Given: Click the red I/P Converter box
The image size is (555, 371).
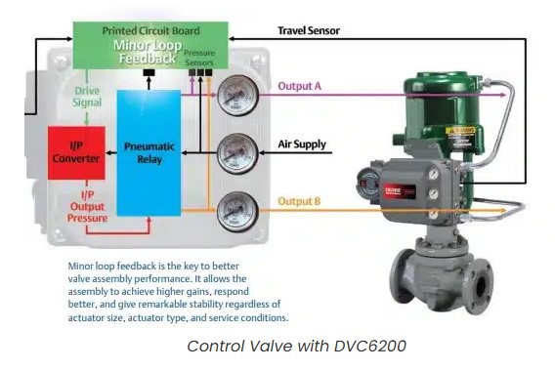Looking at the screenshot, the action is (76, 152).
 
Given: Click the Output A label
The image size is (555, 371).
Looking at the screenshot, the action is (300, 86).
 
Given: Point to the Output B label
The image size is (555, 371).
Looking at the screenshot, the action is (300, 201).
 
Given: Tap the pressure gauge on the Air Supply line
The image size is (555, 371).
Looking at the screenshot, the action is (233, 152).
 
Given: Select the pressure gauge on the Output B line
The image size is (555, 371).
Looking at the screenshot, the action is (233, 210).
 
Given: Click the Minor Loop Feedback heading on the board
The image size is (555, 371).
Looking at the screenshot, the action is (148, 52).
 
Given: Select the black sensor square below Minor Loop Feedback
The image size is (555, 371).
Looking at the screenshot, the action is (149, 72).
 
